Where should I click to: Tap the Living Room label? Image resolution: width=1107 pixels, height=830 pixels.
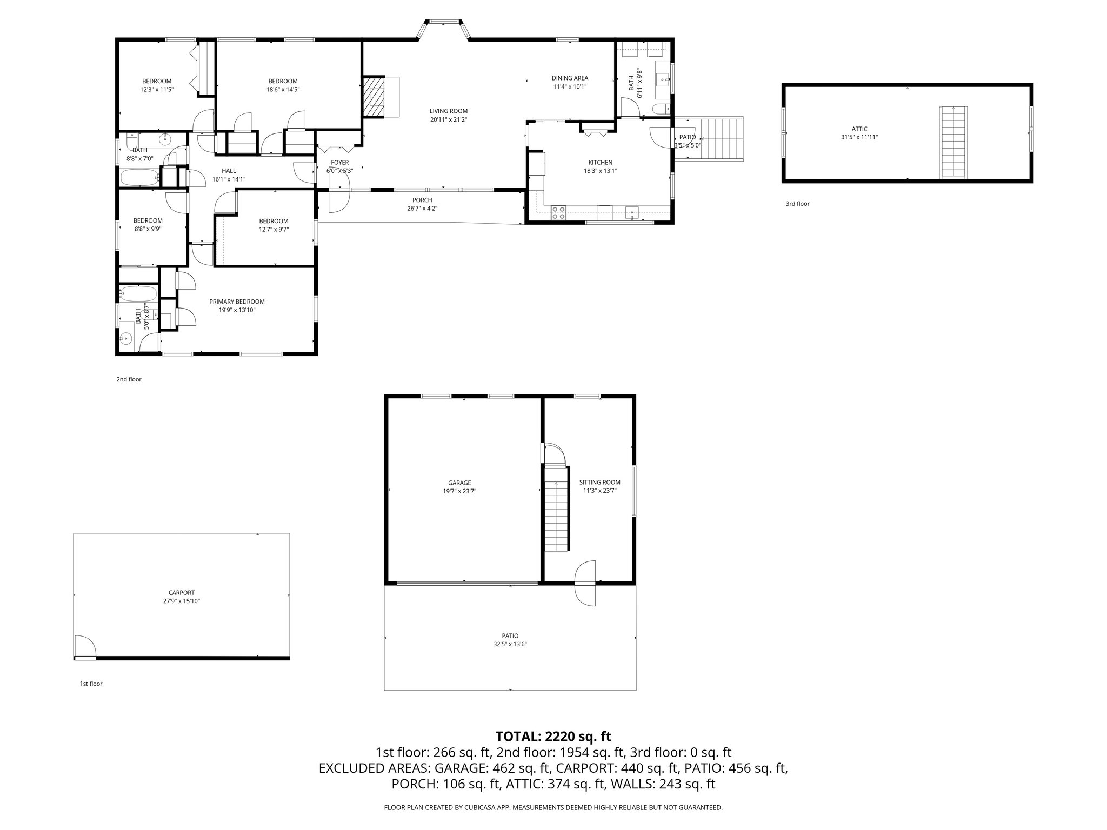pyautogui.click(x=448, y=111)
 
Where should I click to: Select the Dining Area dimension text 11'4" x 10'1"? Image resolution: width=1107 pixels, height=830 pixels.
pyautogui.click(x=570, y=86)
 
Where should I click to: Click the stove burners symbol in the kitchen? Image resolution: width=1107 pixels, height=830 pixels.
pyautogui.click(x=558, y=213)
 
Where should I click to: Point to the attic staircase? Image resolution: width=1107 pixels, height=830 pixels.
pyautogui.click(x=953, y=142)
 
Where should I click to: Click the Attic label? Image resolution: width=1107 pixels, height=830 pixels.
pyautogui.click(x=859, y=129)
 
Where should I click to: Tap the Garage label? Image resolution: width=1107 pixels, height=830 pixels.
pyautogui.click(x=459, y=483)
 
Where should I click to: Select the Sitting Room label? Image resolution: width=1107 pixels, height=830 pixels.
pyautogui.click(x=599, y=483)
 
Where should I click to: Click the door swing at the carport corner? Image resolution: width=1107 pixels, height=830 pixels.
pyautogui.click(x=84, y=646)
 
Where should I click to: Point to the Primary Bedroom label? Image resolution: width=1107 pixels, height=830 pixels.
pyautogui.click(x=237, y=302)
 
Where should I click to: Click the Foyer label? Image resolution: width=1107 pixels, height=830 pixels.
pyautogui.click(x=339, y=163)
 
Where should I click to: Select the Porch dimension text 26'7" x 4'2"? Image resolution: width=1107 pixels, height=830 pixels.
pyautogui.click(x=422, y=208)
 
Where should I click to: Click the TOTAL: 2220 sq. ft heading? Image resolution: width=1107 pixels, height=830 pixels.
pyautogui.click(x=553, y=736)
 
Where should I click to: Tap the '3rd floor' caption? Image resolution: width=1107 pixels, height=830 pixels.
pyautogui.click(x=797, y=204)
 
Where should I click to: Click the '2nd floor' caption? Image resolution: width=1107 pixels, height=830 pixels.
pyautogui.click(x=129, y=379)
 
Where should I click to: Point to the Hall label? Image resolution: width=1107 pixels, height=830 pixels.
pyautogui.click(x=229, y=171)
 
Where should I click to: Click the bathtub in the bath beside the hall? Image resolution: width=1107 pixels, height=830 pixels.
pyautogui.click(x=139, y=177)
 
